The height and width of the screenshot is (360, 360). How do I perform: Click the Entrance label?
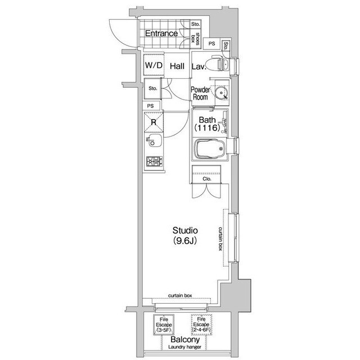161,34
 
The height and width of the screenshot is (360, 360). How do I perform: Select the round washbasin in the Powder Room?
222,92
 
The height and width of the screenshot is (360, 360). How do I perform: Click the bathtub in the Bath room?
210,148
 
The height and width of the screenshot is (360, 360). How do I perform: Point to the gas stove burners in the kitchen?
154,161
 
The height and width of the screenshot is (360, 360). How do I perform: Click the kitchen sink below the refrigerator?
154,140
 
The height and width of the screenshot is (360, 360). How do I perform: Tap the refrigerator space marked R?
154,122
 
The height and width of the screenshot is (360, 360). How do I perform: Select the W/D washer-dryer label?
154,65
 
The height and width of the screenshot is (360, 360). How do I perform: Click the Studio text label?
185,230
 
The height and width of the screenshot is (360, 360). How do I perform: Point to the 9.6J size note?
185,241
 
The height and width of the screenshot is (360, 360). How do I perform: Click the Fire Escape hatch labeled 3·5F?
164,325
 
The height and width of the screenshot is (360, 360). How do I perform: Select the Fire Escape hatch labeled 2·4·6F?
201,325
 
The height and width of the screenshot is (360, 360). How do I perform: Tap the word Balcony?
185,340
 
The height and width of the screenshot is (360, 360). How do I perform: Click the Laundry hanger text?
185,347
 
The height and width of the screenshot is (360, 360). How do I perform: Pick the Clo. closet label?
207,179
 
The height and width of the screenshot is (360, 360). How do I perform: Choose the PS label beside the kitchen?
150,106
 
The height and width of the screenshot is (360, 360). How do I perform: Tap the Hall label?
177,66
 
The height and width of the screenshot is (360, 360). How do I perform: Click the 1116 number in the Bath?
208,128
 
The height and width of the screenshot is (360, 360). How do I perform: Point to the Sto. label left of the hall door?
152,88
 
